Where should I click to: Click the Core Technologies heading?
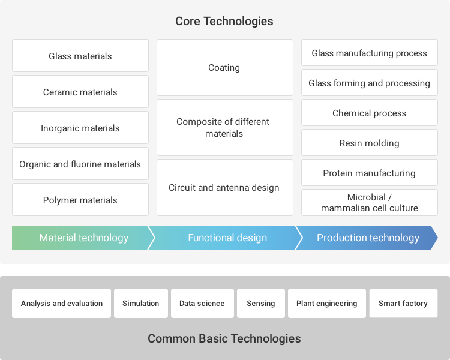224,21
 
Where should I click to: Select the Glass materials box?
80,55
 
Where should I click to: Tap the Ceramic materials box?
80,92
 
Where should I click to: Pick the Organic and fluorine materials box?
80,164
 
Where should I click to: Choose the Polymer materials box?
80,200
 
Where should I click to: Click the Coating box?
225,67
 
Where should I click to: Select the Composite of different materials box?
225,127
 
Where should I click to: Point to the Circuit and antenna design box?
225,187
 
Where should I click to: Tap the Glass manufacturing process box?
370,53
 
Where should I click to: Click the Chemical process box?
370,113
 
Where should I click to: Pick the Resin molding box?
370,142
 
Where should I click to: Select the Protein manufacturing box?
370,173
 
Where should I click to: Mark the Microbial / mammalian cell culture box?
370,202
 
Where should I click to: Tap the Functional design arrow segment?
225,238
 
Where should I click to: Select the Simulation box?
141,303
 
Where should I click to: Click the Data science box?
202,303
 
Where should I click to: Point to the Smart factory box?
403,303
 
